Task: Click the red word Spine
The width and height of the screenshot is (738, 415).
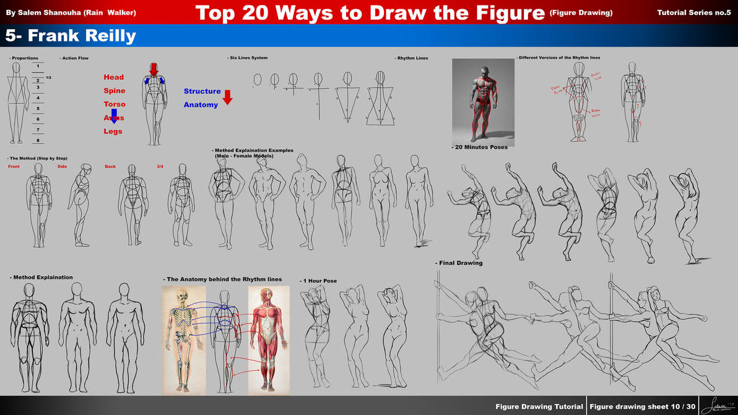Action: tap(114, 90)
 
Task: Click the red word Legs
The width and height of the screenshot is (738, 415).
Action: tap(113, 131)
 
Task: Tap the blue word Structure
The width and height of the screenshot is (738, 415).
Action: tap(202, 91)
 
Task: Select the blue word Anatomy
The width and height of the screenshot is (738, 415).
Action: tap(201, 105)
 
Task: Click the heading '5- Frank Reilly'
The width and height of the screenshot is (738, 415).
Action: tap(71, 36)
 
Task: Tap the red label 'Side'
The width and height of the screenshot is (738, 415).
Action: tap(62, 167)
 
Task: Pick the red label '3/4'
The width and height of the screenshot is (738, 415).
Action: tap(160, 167)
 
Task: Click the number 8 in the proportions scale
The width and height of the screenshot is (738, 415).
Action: tap(38, 140)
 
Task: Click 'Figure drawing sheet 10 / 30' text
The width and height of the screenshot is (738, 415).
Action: tap(642, 407)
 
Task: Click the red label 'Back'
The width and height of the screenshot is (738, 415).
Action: tap(110, 167)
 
